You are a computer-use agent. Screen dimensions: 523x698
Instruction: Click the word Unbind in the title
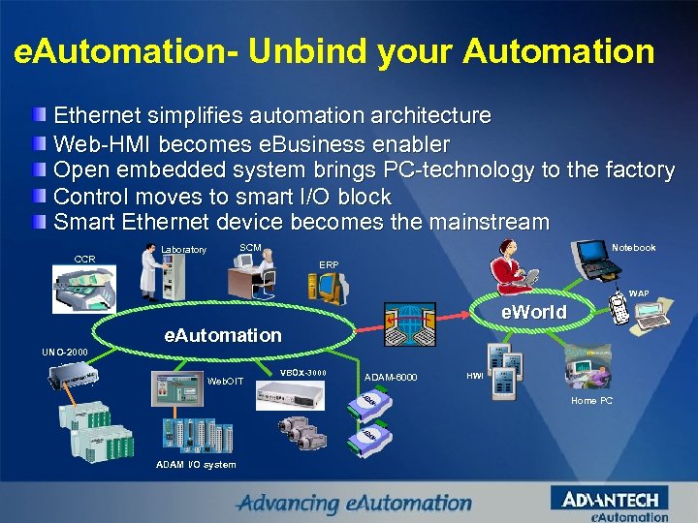295,51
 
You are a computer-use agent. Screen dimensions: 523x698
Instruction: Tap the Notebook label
634,248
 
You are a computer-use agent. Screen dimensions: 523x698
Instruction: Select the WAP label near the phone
639,293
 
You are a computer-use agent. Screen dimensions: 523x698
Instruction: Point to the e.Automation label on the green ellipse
223,335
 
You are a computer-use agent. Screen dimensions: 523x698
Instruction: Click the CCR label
84,259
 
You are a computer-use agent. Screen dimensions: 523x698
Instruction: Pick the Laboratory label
183,250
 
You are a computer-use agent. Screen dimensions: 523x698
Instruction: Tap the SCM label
249,248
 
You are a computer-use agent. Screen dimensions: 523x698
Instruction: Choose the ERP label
329,263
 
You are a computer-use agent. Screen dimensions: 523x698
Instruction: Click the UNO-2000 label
64,351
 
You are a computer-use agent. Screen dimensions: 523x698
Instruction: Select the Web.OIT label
226,381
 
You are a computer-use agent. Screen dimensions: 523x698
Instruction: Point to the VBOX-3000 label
303,372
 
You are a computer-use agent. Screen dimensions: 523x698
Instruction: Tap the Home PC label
591,400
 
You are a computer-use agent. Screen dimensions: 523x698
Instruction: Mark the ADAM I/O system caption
196,465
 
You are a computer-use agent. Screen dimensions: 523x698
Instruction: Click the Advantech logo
610,501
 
